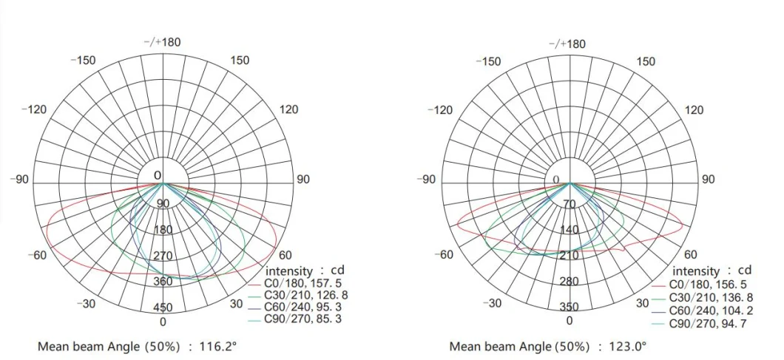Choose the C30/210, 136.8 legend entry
click(711, 297)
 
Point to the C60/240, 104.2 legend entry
click(711, 310)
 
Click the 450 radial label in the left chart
click(163, 308)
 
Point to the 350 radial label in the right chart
click(569, 307)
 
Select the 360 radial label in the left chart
click(163, 282)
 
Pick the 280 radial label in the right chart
click(569, 282)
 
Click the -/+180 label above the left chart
click(162, 42)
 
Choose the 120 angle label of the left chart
click(289, 109)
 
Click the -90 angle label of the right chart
click(428, 180)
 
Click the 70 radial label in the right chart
click(569, 204)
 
